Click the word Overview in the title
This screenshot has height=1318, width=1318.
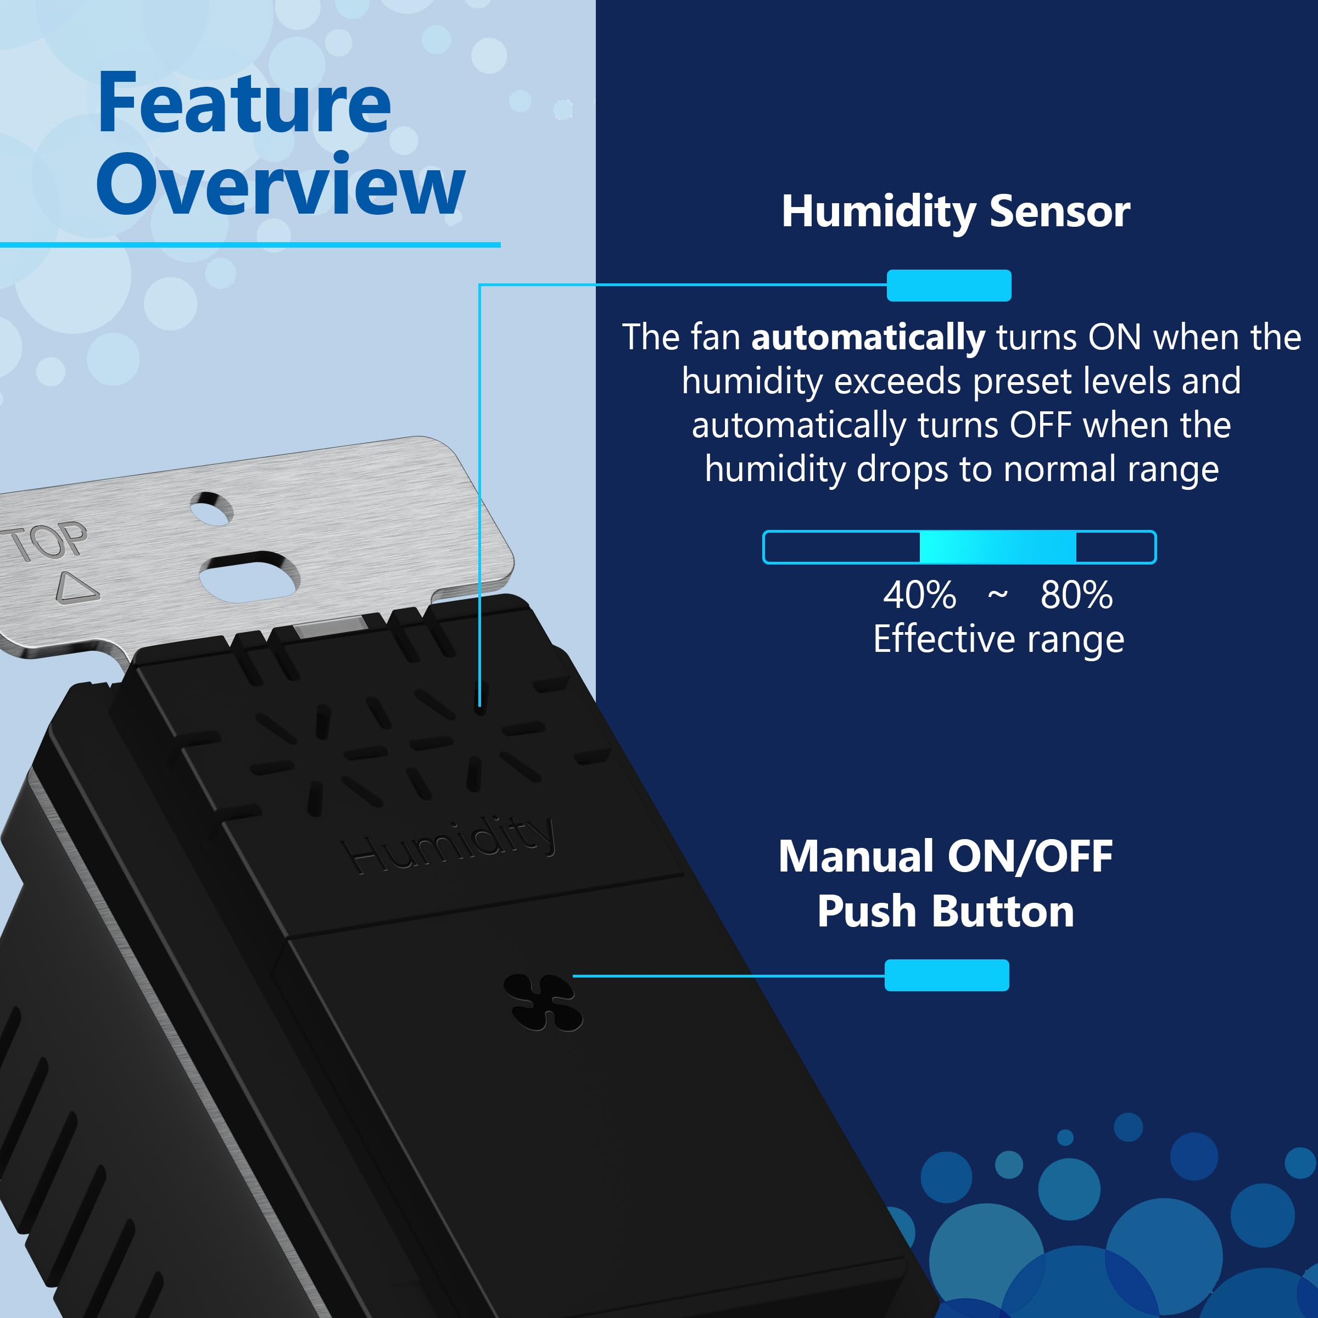(280, 184)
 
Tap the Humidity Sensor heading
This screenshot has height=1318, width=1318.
(955, 211)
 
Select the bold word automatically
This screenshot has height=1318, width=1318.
(868, 338)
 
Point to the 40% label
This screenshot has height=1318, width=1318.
(919, 595)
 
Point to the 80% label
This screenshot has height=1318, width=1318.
(1076, 595)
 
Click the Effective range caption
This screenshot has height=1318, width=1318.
(998, 639)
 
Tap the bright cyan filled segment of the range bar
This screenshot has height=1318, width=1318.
(997, 547)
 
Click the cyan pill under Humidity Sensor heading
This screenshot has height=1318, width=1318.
(948, 285)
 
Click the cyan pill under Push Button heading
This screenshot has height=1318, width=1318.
(946, 975)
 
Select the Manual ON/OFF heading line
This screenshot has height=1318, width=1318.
(946, 856)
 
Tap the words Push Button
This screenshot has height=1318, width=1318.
(946, 912)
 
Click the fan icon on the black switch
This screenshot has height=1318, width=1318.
(543, 1002)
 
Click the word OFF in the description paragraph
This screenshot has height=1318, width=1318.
(1040, 426)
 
